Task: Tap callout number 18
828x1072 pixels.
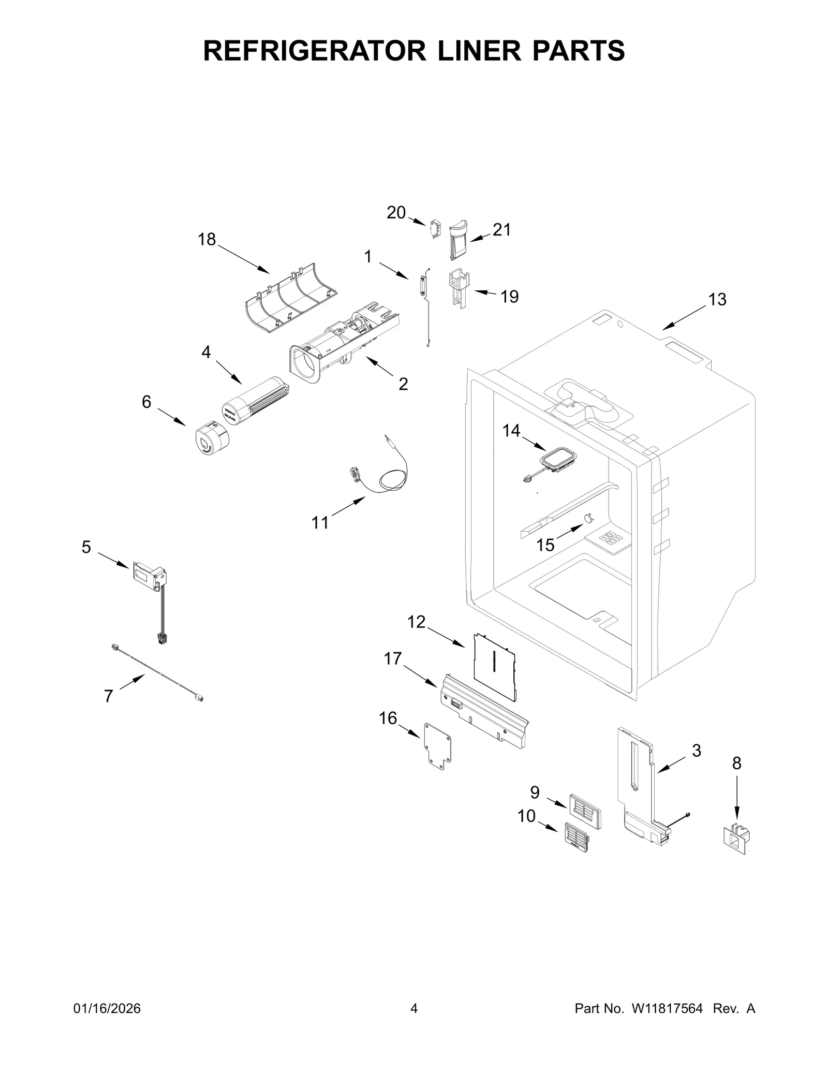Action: [x=206, y=240]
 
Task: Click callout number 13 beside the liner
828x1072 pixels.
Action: [x=717, y=299]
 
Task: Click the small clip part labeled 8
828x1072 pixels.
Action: [x=736, y=840]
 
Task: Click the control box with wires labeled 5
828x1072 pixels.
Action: [x=150, y=577]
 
